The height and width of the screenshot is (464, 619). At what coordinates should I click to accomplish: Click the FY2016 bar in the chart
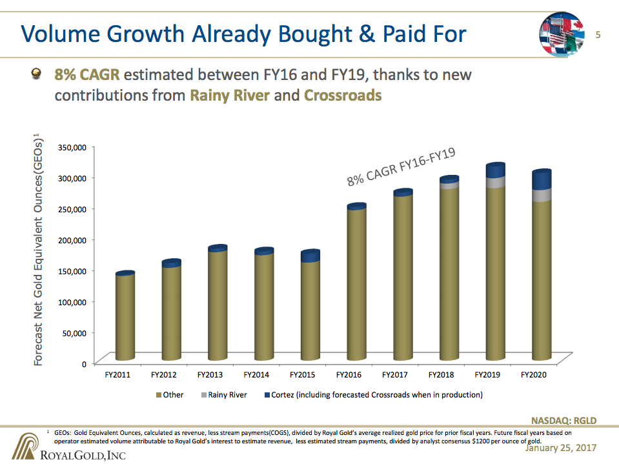coord(356,284)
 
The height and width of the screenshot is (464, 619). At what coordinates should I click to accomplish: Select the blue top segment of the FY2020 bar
coord(542,179)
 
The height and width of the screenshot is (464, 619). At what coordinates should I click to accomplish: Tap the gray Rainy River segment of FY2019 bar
coord(495,182)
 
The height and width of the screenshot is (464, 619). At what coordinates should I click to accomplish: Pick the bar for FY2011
coord(125,316)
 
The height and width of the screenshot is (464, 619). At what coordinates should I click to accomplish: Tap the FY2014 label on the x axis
coord(256,375)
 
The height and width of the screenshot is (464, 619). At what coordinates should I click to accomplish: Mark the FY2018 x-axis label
coord(441,375)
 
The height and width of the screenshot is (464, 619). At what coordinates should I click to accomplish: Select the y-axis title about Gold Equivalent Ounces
coord(38,248)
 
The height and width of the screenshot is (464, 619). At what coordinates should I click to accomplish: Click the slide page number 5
coord(598,34)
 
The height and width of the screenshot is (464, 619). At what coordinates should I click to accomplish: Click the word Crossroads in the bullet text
coord(342,96)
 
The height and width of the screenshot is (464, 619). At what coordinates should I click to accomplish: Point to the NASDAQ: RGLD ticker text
coord(563,421)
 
